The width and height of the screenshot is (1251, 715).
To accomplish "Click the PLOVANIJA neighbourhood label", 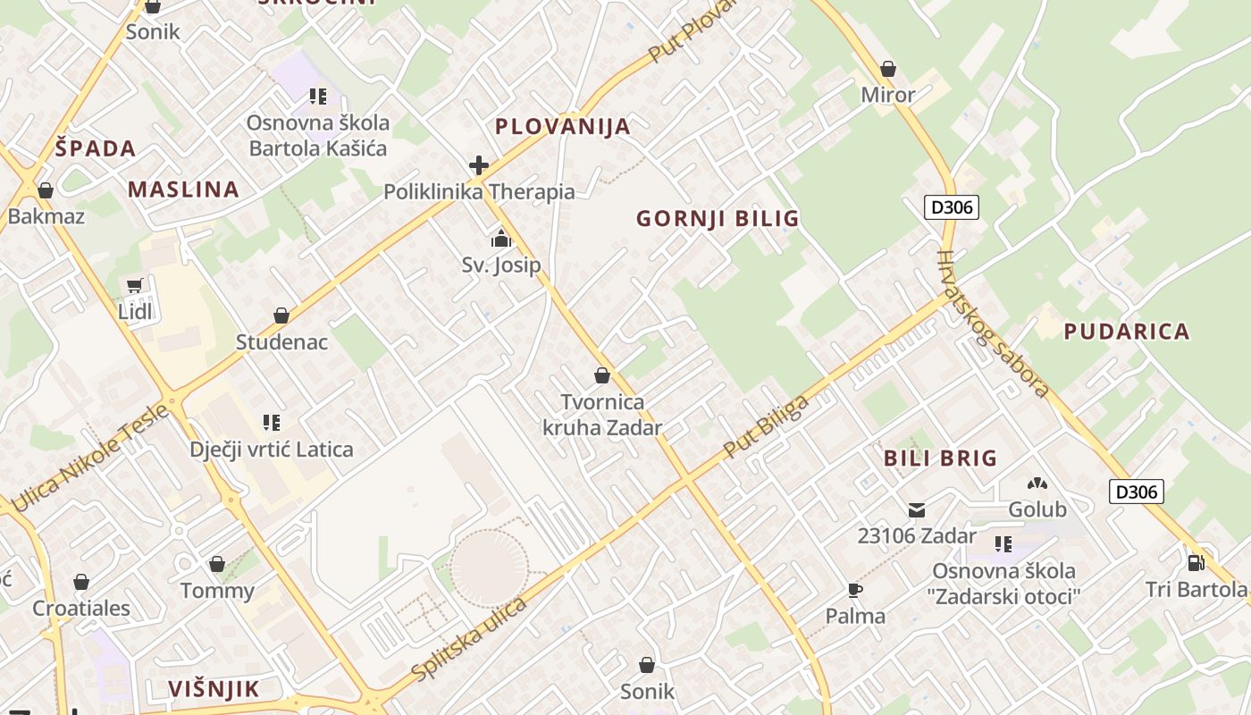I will [x=563, y=126].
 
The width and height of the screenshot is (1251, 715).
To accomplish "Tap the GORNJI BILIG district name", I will [x=718, y=218].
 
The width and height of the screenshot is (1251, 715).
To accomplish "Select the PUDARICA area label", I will [x=1127, y=332].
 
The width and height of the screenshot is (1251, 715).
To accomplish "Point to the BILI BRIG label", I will [x=940, y=458].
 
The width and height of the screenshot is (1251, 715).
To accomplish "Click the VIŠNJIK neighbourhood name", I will [x=214, y=688].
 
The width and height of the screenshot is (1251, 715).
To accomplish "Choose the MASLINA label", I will [x=183, y=189].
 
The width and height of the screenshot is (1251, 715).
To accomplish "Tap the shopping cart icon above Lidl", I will [x=134, y=286].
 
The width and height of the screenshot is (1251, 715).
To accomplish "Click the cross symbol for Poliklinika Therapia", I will [x=479, y=165].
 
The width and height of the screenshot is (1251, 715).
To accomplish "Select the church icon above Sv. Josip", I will [x=500, y=239].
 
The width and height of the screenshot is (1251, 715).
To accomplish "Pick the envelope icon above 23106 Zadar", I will [x=917, y=510].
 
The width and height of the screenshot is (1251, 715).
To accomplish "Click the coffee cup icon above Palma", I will [x=855, y=590].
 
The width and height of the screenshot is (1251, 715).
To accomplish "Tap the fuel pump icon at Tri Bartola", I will [x=1196, y=562].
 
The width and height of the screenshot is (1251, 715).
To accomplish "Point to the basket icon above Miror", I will [x=888, y=69].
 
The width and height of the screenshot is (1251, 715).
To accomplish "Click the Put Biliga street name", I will [x=766, y=426].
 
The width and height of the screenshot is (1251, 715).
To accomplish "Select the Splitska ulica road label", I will [x=470, y=638].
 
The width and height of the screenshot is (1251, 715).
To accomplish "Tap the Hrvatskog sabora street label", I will [x=992, y=323].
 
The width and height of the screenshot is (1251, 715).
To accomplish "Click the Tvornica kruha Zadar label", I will [x=602, y=415].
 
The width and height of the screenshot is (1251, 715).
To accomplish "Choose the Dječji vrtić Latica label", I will [x=272, y=450].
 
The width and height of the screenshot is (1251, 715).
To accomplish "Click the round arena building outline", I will [x=489, y=568].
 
